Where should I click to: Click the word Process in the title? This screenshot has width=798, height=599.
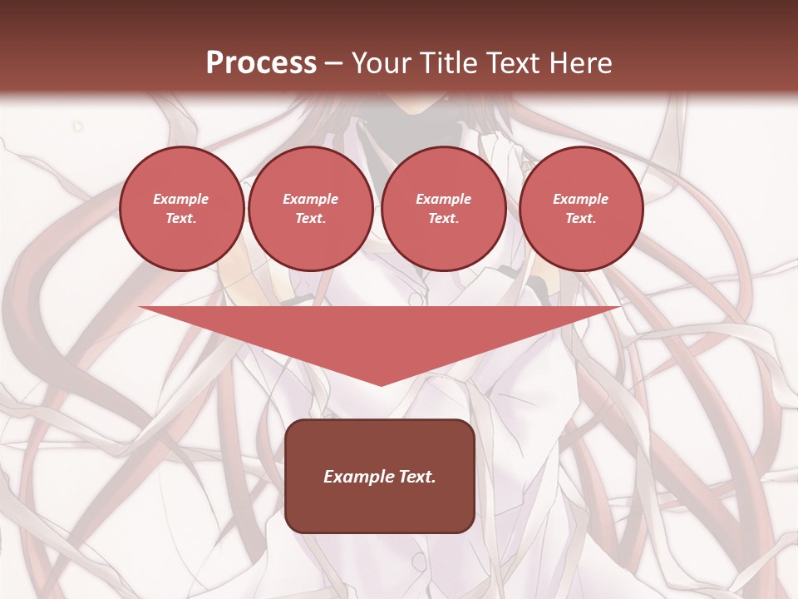click(x=261, y=63)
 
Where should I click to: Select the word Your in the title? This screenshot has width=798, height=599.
click(x=382, y=63)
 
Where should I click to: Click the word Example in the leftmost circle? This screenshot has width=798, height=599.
click(x=181, y=199)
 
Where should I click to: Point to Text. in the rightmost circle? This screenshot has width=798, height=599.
click(x=581, y=218)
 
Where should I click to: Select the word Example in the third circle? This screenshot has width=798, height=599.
click(x=443, y=199)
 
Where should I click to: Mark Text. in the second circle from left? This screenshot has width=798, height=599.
click(x=310, y=218)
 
